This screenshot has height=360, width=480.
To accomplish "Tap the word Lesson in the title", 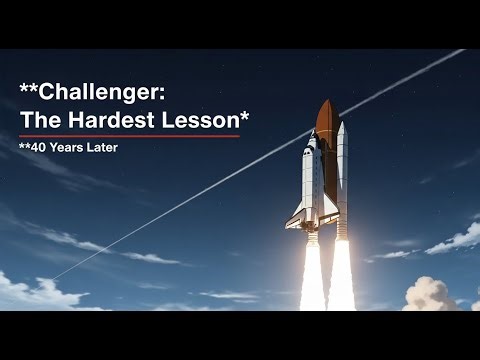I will pyautogui.click(x=205, y=121).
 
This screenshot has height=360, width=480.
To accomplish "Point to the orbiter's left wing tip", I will pyautogui.click(x=289, y=222).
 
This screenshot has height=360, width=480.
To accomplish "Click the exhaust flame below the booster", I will pyautogui.click(x=341, y=275).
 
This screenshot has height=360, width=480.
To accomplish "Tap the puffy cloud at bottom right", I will pyautogui.click(x=432, y=294).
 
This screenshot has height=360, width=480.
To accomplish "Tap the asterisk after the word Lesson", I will pyautogui.click(x=245, y=116).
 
